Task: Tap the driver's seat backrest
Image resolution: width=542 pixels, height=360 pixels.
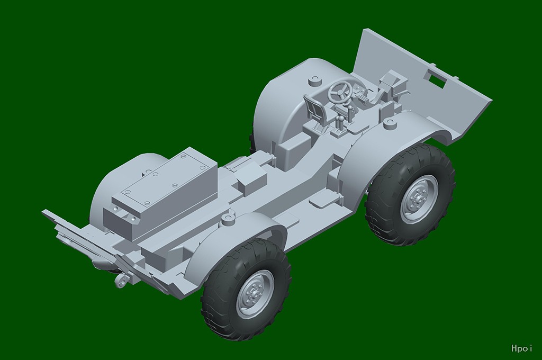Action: (x=314, y=105)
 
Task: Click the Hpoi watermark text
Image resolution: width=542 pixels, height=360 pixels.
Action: (x=521, y=348)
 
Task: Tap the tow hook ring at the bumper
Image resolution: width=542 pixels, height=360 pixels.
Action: (x=121, y=281)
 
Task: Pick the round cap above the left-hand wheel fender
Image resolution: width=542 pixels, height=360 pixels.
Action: (x=228, y=219)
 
